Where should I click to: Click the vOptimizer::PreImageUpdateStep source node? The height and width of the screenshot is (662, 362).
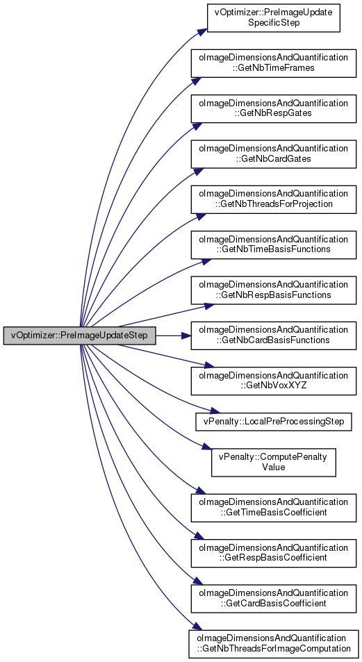[x=79, y=336]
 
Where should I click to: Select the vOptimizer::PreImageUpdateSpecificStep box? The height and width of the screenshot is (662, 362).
[x=273, y=18]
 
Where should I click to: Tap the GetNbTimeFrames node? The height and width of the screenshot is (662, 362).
[x=273, y=63]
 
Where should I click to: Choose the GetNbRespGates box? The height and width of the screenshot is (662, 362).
[x=273, y=109]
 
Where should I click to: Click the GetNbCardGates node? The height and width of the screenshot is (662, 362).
[x=273, y=154]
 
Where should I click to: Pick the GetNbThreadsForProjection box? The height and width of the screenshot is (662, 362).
[x=273, y=199]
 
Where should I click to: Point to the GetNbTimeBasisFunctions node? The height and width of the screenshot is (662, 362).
[x=273, y=245]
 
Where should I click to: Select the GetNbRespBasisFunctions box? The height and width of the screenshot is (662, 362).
[x=273, y=290]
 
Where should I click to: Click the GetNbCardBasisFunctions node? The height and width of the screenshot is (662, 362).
[x=273, y=336]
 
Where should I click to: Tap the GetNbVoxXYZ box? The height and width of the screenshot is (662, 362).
[x=273, y=381]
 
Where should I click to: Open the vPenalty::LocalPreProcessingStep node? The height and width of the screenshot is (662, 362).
[x=273, y=422]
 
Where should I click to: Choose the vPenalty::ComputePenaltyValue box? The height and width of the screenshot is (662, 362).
[x=273, y=463]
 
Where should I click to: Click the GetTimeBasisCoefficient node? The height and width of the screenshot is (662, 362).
[x=273, y=508]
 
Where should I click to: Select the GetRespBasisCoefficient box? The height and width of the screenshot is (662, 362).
[x=273, y=553]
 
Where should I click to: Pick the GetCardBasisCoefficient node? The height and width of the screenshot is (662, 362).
[x=273, y=599]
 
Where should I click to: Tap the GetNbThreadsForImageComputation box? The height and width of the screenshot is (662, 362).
[x=273, y=644]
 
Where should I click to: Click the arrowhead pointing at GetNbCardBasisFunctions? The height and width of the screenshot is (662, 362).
[x=186, y=336]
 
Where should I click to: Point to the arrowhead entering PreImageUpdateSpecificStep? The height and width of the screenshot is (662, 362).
[x=202, y=32]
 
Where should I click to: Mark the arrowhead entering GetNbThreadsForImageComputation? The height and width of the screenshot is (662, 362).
[x=193, y=627]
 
